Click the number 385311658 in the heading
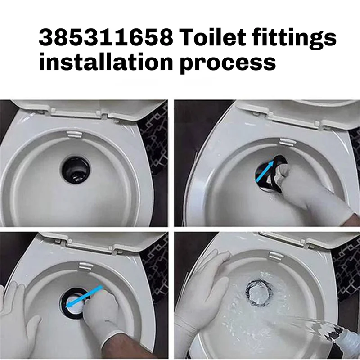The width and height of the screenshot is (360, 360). (106, 37)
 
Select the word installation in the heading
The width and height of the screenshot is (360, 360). (106, 62)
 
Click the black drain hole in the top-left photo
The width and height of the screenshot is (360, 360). (76, 170)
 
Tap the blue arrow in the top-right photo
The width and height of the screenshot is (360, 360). (265, 171)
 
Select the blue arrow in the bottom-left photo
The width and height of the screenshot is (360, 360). (84, 297)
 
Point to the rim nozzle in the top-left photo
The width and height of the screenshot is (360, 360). (74, 134)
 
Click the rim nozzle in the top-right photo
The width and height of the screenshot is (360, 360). (287, 142)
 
